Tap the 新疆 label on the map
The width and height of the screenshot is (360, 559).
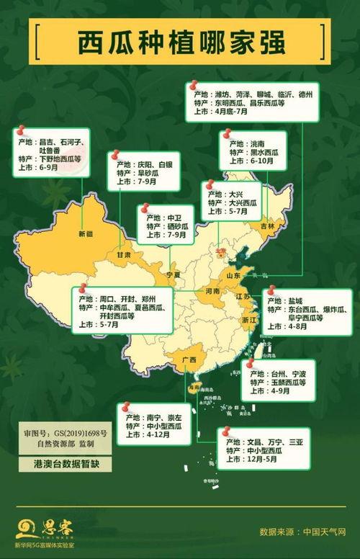(x=86, y=234)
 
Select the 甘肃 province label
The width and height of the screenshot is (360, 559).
(x=124, y=255)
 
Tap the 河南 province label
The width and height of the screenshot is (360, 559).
(x=212, y=292)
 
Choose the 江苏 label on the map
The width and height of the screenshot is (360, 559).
(x=243, y=297)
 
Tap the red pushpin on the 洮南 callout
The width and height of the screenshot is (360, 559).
(x=226, y=135)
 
